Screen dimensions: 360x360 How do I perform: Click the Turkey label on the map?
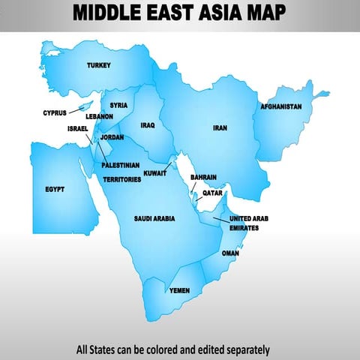click(98, 65)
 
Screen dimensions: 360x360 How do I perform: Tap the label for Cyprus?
click(54, 113)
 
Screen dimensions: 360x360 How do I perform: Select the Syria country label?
click(118, 106)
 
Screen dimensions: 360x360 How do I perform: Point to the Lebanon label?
click(99, 117)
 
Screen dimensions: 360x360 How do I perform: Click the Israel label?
click(78, 128)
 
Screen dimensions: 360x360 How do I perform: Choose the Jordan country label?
click(112, 137)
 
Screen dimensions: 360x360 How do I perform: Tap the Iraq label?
click(147, 126)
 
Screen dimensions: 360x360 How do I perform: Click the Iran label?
click(219, 128)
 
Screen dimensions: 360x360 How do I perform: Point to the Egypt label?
click(55, 190)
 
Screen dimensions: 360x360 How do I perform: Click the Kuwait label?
click(154, 172)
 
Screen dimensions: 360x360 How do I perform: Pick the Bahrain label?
click(203, 178)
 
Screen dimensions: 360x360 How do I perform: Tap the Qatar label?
click(212, 193)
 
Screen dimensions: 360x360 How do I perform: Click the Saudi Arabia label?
click(154, 218)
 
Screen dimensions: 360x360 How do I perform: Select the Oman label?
click(229, 253)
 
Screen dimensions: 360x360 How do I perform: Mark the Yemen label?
click(179, 289)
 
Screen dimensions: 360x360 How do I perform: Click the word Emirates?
click(244, 227)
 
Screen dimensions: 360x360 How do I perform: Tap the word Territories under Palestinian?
click(121, 180)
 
